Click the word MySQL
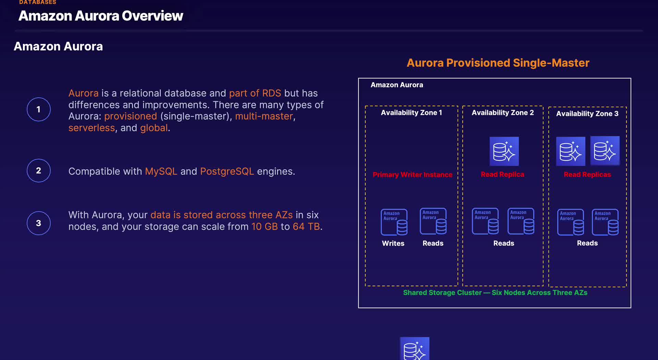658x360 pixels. [x=161, y=171]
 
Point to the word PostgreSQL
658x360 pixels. [x=227, y=171]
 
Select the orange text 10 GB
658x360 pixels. [x=265, y=226]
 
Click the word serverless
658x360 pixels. [x=92, y=128]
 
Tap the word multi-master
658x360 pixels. [x=264, y=116]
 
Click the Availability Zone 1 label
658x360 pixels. [x=411, y=112]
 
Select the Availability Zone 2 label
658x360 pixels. [x=503, y=112]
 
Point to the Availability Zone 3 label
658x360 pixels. [x=587, y=113]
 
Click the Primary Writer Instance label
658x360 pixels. [x=412, y=175]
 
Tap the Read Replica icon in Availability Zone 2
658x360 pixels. [x=504, y=151]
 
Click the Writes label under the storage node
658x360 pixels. [x=393, y=243]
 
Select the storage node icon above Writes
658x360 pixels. [x=394, y=222]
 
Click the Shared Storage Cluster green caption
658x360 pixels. [x=495, y=292]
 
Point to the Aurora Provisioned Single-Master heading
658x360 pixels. [x=498, y=63]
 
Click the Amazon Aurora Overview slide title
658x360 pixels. [x=101, y=16]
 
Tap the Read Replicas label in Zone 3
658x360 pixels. [x=587, y=175]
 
